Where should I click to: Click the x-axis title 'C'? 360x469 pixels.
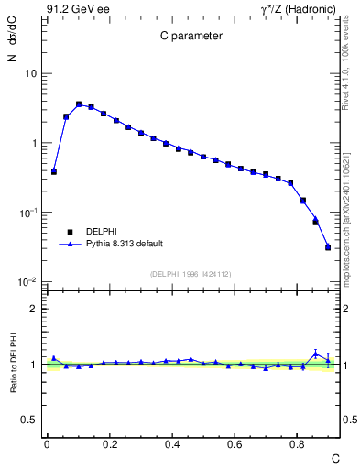click(x=335, y=457)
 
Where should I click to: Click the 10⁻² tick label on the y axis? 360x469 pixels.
click(x=27, y=282)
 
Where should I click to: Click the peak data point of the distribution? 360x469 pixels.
click(x=79, y=104)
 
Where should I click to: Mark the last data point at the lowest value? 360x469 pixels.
click(x=328, y=247)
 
